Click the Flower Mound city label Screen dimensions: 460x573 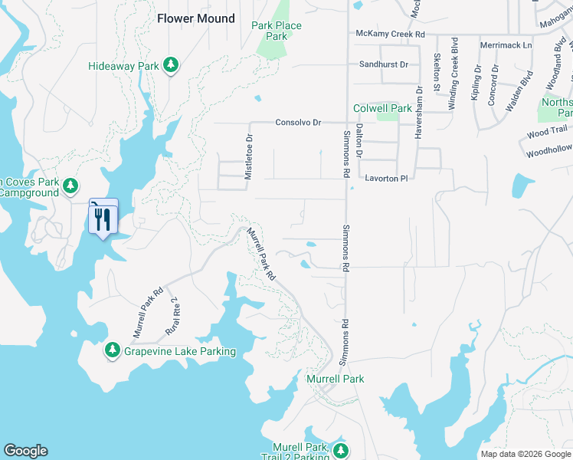196,18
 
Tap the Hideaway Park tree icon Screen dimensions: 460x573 172,66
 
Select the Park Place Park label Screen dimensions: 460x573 277,31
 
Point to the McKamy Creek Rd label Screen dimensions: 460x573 391,34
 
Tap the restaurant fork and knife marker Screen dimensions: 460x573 103,219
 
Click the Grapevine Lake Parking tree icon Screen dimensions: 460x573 113,350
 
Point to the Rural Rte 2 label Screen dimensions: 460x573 172,316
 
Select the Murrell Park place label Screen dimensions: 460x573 335,379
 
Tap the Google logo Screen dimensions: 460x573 25,451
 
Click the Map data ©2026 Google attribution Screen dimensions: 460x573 525,454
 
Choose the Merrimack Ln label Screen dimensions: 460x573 505,46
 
